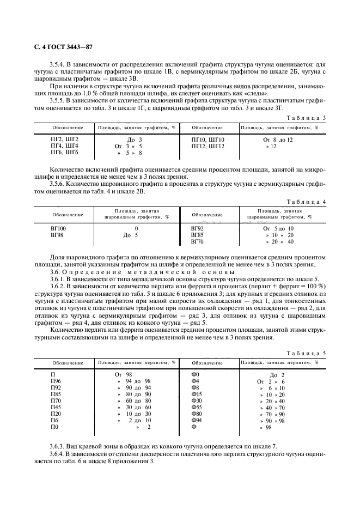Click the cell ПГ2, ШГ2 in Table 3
pyautogui.click(x=64, y=139)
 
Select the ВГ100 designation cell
pyautogui.click(x=58, y=228)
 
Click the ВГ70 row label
pyautogui.click(x=197, y=241)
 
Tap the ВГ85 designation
pyautogui.click(x=197, y=235)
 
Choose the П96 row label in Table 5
pyautogui.click(x=56, y=381)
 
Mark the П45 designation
pyautogui.click(x=56, y=407)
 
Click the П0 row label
pyautogui.click(x=54, y=427)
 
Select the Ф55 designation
pyautogui.click(x=197, y=407)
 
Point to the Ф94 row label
pyautogui.click(x=197, y=420)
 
